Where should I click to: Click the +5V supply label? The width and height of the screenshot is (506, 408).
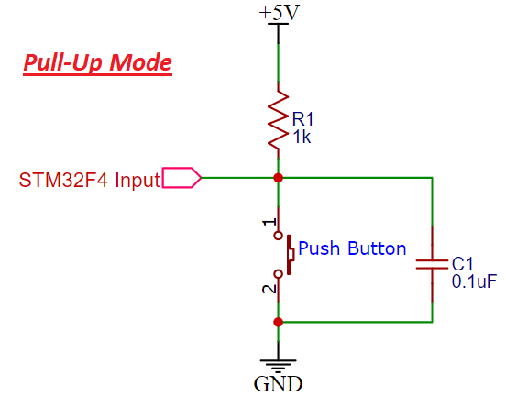click(280, 13)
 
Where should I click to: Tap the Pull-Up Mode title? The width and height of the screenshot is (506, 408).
click(97, 62)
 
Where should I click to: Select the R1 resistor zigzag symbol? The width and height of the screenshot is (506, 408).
click(278, 119)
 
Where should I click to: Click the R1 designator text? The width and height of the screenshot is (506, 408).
click(302, 119)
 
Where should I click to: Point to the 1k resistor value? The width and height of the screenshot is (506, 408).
click(302, 138)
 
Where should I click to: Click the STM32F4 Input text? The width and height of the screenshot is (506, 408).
click(90, 180)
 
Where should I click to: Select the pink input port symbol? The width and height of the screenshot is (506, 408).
click(181, 178)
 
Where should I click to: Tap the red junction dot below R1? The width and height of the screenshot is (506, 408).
click(278, 178)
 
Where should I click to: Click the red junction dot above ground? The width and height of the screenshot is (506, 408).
click(278, 322)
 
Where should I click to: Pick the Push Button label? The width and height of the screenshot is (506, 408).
click(352, 248)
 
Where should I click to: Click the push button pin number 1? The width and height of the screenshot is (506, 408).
click(269, 222)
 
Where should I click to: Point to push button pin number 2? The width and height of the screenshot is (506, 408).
click(269, 289)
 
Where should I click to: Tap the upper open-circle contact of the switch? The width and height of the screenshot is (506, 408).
click(278, 236)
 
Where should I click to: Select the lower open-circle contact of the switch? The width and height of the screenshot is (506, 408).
click(278, 274)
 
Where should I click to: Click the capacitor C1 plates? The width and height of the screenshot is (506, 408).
click(432, 264)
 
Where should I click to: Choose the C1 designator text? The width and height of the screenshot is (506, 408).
click(462, 264)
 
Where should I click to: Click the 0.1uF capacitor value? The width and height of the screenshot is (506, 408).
click(474, 281)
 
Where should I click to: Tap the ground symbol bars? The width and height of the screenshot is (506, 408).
click(278, 366)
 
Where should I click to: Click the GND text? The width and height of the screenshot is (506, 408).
click(278, 384)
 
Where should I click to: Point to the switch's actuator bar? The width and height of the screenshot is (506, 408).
click(289, 255)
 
